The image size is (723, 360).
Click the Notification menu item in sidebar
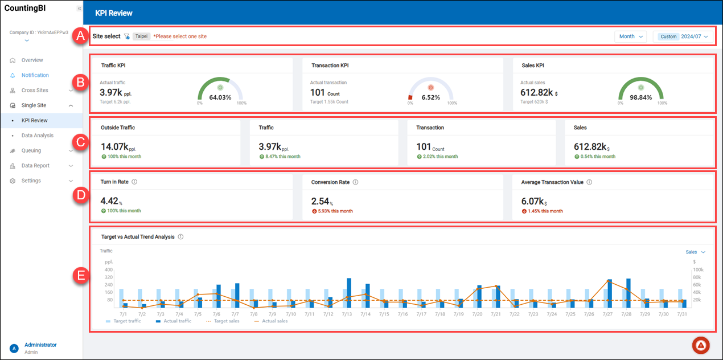35,75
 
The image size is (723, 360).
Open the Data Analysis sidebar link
37,136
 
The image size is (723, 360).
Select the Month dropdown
630,36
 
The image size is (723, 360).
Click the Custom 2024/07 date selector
683,36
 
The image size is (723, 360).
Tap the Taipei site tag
142,36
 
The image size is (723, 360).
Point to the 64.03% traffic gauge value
220,97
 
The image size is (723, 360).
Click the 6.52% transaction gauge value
431,97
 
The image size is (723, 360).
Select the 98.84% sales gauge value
640,97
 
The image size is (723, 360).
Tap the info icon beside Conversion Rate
355,182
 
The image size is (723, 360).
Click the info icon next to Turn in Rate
134,182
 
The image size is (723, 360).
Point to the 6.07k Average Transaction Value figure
533,201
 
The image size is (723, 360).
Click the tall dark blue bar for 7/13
349,292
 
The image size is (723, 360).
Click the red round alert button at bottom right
701,345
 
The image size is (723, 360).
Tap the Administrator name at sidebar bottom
40,345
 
